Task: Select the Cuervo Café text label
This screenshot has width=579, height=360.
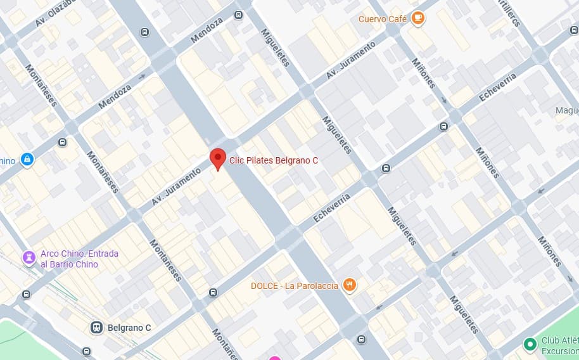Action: click(382, 19)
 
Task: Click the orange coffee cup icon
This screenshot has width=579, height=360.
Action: click(417, 18)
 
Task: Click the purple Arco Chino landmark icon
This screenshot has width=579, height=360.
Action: click(29, 257)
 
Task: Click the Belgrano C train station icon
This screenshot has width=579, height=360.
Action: click(96, 328)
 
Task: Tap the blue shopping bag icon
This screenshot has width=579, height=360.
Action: click(27, 160)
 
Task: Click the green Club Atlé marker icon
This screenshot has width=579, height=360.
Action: click(530, 344)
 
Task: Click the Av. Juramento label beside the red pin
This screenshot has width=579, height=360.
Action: click(176, 187)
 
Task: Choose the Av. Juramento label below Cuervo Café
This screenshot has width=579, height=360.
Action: click(351, 60)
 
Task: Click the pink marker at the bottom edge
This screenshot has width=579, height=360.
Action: click(274, 357)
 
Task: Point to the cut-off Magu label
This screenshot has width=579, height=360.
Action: click(566, 111)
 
